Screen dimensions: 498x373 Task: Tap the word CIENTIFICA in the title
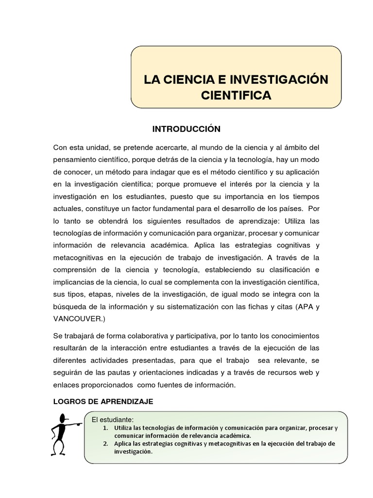[x=236, y=95]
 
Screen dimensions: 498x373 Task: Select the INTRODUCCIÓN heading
[x=186, y=129]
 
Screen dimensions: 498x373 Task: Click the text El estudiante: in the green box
[x=112, y=420]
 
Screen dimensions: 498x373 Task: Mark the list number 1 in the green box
[x=105, y=428]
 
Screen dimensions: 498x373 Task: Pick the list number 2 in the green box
[x=105, y=444]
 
